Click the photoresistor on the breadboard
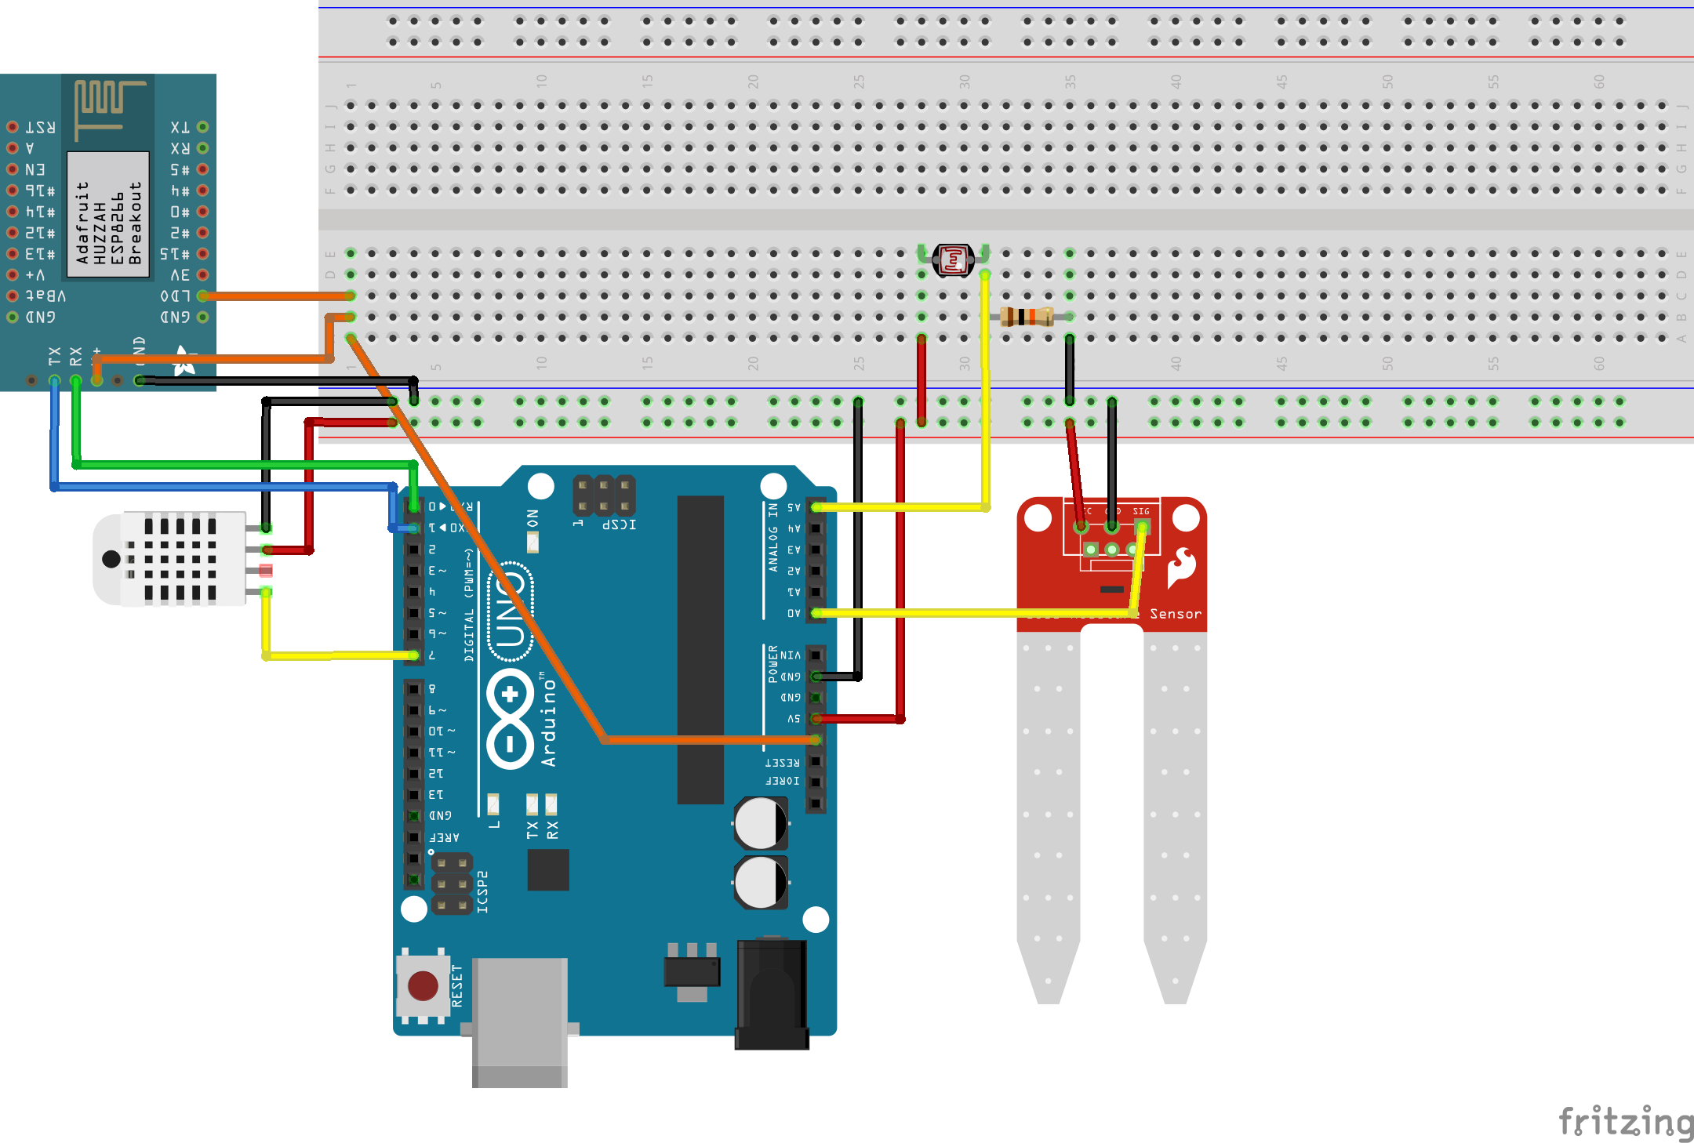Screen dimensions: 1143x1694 tap(953, 259)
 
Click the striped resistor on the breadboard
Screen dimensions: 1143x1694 tap(1027, 317)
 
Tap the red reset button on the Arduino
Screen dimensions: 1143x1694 tap(423, 985)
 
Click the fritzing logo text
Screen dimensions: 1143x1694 tap(1625, 1122)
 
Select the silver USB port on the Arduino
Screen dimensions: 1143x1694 tap(519, 1019)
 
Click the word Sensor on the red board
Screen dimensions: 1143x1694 tap(1175, 614)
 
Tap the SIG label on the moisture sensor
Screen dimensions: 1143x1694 tap(1141, 511)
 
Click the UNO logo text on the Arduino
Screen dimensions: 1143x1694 tap(511, 611)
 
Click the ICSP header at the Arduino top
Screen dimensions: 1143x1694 tap(604, 495)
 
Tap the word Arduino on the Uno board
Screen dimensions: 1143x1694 tap(548, 722)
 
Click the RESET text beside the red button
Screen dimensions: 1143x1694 tap(457, 985)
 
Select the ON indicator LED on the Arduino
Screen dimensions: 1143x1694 tap(533, 542)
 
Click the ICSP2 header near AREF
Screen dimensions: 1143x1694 tap(452, 884)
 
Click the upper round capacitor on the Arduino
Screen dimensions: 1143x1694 tap(760, 823)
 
